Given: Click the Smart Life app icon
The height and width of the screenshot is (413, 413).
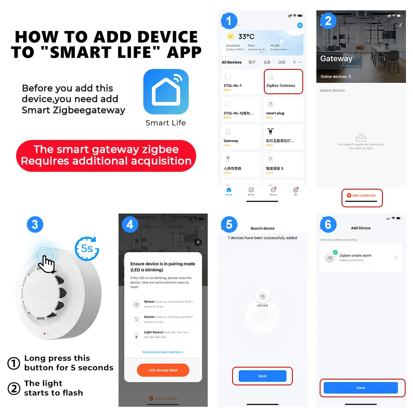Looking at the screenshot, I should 166,92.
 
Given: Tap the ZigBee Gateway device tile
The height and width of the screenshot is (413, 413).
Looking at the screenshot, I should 283,81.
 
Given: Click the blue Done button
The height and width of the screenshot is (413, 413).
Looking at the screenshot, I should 361,388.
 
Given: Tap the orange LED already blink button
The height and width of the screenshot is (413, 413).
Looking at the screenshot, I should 163,370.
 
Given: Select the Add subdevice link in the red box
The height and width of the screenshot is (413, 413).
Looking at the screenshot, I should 362,195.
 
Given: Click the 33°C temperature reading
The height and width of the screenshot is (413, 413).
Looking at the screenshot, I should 246,37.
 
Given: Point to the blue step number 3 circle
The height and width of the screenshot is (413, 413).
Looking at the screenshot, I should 35,224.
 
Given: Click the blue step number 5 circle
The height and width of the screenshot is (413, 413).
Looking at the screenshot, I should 229,225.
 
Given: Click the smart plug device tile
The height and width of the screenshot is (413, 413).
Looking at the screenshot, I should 283,109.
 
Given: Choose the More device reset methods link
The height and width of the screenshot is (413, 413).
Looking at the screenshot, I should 163,352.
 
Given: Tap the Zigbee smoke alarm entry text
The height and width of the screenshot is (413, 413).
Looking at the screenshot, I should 355,256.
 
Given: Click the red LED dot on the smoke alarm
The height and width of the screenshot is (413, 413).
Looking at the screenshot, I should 44,334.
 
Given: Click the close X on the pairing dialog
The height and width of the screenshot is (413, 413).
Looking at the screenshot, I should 198,242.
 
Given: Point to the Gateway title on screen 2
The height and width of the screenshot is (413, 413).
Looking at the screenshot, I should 336,59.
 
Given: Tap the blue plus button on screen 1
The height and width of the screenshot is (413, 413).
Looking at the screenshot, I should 300,26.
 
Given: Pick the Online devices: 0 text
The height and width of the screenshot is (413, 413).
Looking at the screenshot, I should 336,77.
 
